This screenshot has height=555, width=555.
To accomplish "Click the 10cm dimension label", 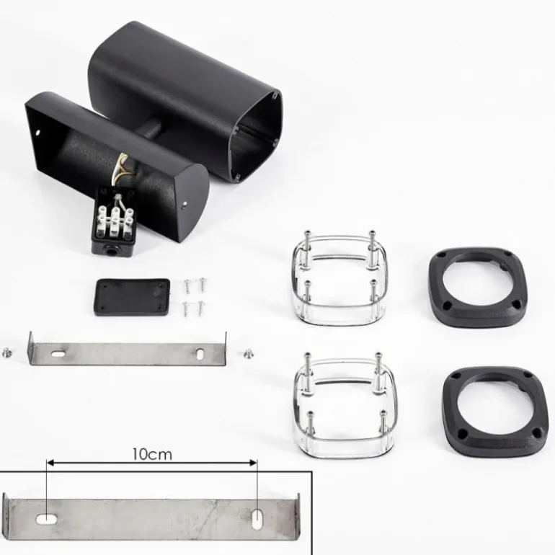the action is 152,454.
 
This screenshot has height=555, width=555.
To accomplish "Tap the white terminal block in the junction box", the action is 115,222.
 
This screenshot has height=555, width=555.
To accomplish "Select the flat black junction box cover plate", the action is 132,297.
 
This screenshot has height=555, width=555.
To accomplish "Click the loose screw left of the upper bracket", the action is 6,352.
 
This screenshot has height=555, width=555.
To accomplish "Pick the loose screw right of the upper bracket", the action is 249,352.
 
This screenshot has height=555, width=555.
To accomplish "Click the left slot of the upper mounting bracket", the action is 58,353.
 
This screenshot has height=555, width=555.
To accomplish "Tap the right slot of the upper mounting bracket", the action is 200,354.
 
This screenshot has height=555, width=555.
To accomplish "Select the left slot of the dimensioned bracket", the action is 46,520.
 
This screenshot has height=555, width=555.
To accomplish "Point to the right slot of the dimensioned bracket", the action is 257,519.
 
